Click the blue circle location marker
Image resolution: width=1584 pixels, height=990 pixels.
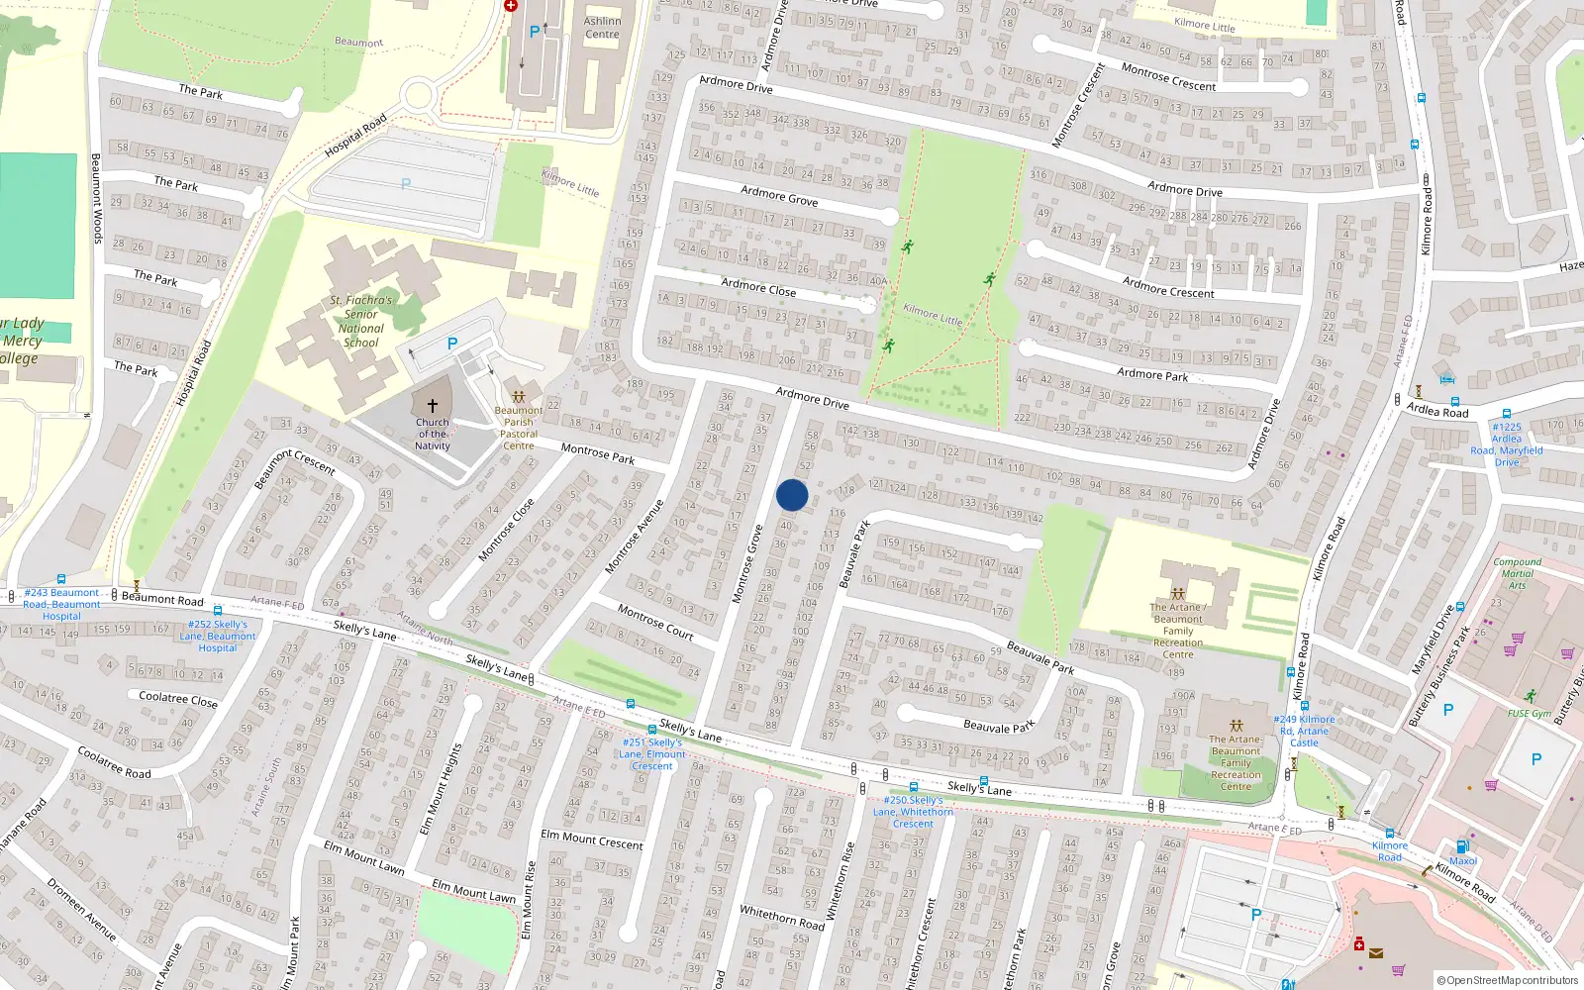click(x=792, y=495)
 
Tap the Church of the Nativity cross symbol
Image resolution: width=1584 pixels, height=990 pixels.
click(x=432, y=406)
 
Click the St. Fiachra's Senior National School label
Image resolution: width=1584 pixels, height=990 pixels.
click(x=361, y=321)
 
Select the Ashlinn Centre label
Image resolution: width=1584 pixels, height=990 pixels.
click(x=602, y=28)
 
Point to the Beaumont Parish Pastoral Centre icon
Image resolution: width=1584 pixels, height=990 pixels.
click(x=518, y=397)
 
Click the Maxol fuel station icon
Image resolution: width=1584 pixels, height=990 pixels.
click(x=1462, y=846)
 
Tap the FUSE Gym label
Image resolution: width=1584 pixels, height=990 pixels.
click(x=1530, y=713)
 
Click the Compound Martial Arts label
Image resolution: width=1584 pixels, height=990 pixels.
click(x=1517, y=573)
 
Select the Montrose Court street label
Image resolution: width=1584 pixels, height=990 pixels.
click(x=655, y=621)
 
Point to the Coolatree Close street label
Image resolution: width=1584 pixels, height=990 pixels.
click(x=178, y=699)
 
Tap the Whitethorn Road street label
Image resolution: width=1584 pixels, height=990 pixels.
click(x=781, y=916)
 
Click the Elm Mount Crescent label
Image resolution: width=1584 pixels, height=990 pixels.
click(x=591, y=840)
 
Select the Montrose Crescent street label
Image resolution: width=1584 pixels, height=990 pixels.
click(x=1168, y=78)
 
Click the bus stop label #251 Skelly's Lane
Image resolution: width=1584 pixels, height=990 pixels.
click(x=652, y=753)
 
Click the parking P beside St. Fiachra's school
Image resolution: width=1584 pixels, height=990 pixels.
click(x=451, y=344)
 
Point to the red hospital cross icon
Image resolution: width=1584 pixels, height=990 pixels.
click(x=511, y=5)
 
